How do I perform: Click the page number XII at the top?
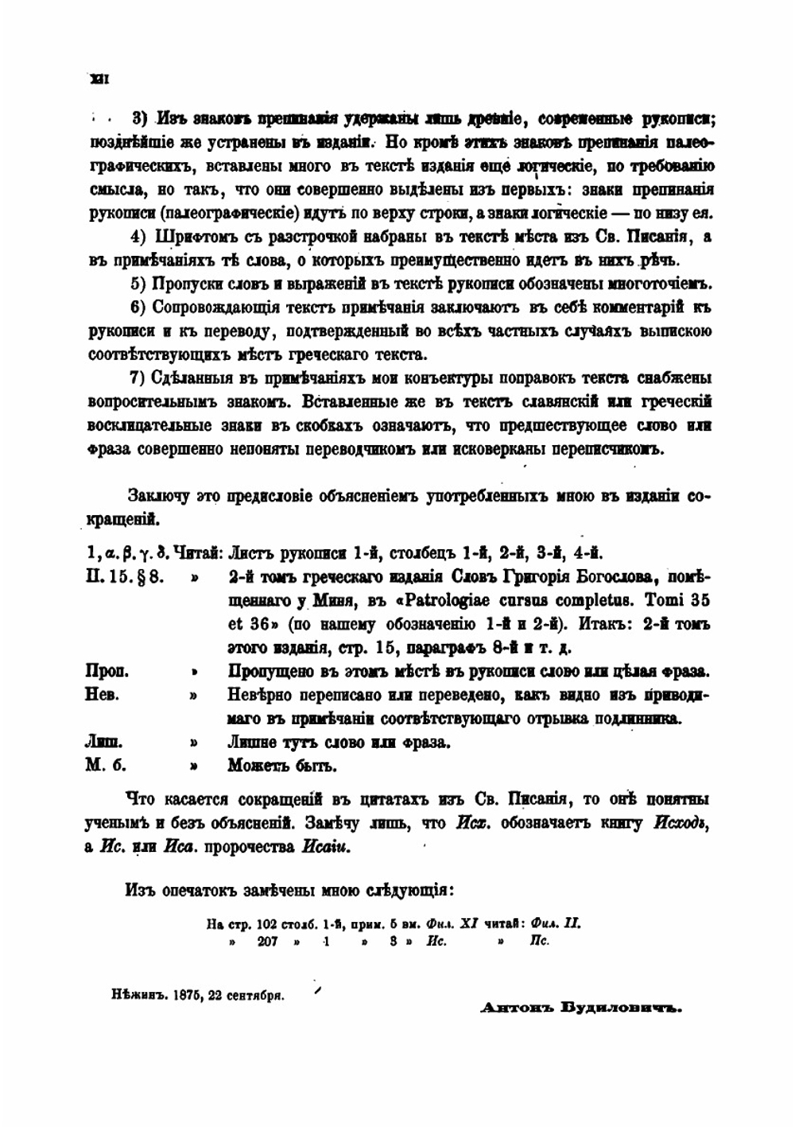[100, 78]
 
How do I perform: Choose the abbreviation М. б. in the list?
[105, 767]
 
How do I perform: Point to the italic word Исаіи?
[326, 846]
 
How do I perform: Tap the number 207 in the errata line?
[271, 941]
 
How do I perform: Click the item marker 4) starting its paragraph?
[139, 237]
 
